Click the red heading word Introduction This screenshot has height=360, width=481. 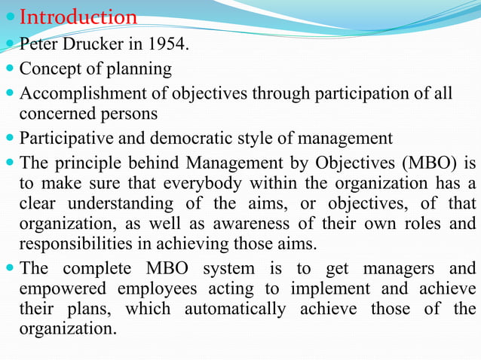(78, 17)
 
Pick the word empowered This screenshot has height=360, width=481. (66, 289)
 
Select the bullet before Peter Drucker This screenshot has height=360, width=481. (11, 46)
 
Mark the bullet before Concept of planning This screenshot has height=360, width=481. (11, 70)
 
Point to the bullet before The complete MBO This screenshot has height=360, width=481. (11, 268)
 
